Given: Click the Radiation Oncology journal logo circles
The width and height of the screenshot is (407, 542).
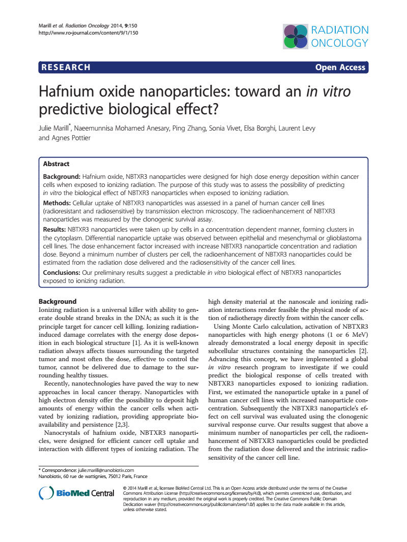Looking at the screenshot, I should [296, 36].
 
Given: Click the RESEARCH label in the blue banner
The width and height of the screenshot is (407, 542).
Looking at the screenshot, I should [66, 68].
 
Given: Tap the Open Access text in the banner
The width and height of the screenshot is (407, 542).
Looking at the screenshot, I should [340, 68].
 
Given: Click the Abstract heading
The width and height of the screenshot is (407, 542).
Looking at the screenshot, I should [56, 164].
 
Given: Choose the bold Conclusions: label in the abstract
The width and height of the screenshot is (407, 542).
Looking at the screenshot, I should [65, 273].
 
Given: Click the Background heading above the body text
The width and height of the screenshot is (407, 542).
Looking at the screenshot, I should [57, 301].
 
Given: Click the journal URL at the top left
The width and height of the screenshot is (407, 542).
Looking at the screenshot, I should [89, 33].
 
